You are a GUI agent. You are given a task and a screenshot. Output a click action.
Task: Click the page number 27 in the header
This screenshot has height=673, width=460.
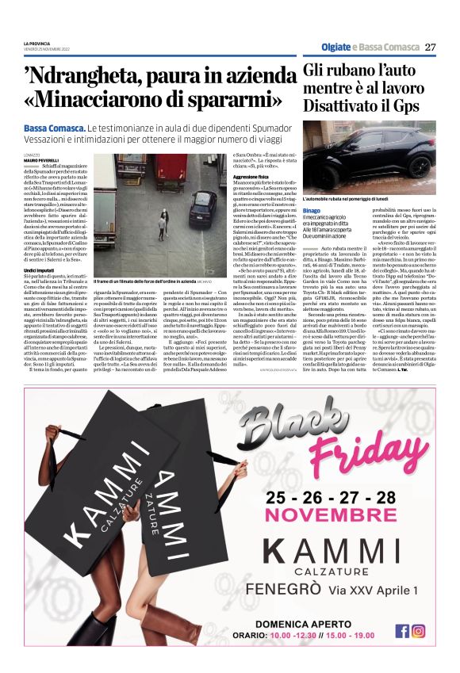[430, 47]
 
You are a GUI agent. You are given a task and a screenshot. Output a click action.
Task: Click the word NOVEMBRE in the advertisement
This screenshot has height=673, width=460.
[332, 515]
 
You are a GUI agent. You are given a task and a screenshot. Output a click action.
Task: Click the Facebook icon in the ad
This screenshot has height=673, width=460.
[403, 631]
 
